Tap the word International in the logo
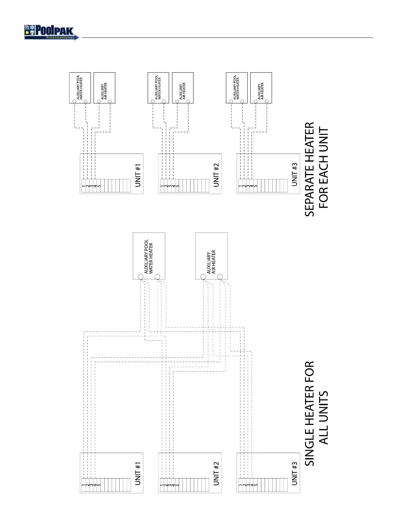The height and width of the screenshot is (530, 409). (x=60, y=38)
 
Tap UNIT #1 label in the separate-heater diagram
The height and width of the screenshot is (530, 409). (x=138, y=175)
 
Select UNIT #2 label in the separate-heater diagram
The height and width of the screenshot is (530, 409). (x=216, y=175)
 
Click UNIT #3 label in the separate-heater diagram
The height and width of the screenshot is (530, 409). (x=294, y=175)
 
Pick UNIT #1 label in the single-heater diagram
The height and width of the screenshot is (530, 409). (x=138, y=474)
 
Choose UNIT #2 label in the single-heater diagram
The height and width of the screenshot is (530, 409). (x=216, y=474)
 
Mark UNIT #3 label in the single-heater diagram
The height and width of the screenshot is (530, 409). (x=294, y=474)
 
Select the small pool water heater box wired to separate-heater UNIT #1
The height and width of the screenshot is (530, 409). (x=80, y=87)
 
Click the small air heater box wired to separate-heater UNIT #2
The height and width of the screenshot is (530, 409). (x=182, y=87)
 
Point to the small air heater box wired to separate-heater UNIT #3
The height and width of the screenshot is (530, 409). (x=261, y=87)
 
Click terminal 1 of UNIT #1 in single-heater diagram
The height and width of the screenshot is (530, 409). (x=84, y=485)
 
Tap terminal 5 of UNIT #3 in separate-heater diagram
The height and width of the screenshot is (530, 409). (x=256, y=186)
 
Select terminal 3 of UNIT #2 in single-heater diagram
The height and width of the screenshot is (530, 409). (x=170, y=485)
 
